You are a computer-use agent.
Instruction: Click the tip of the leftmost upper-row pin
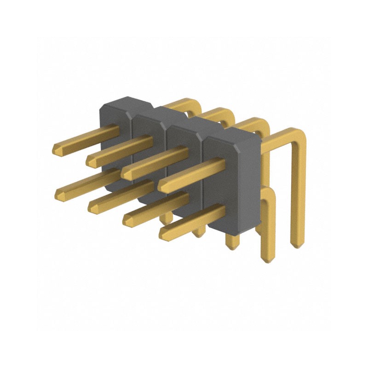coord(55,150)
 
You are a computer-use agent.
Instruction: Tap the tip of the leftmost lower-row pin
coord(58,195)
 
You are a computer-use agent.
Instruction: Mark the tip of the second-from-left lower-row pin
coord(92,207)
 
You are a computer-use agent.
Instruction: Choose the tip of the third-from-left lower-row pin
coord(127,221)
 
